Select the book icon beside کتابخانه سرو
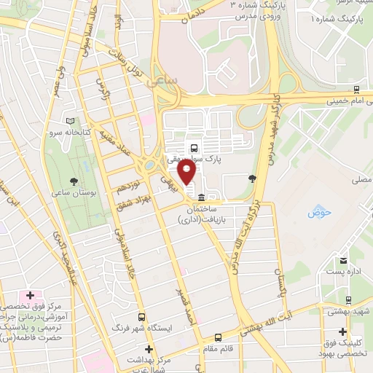pos(70,122)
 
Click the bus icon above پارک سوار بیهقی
pos(193,149)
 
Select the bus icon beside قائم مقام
pos(219,337)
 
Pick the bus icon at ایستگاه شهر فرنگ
pos(142,318)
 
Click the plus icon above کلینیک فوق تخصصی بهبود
pos(342,331)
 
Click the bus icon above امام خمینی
pos(356,90)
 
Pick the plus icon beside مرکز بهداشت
pos(149,350)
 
